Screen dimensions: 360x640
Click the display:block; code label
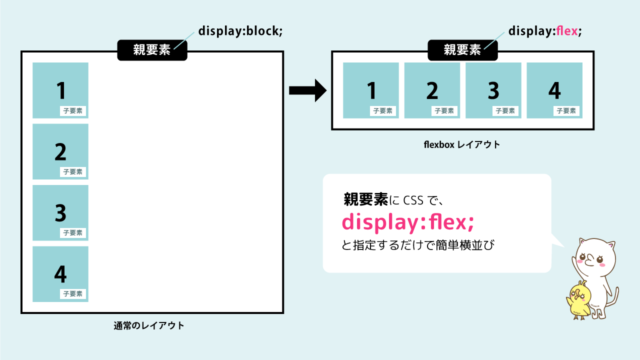point(241,31)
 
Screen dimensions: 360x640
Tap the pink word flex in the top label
point(563,31)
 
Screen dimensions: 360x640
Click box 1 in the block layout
point(60,90)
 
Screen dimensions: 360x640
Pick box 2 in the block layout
point(60,151)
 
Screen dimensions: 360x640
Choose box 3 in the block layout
point(60,212)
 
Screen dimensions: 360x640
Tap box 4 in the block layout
point(60,273)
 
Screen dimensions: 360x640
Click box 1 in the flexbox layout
point(371,91)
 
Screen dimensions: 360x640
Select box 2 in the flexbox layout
point(432,91)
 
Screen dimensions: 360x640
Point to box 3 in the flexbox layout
point(493,91)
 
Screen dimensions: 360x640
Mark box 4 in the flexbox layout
point(554,91)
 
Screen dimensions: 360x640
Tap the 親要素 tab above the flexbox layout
point(461,49)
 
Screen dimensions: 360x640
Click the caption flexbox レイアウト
point(462,145)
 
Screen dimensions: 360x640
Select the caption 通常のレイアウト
point(150,327)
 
